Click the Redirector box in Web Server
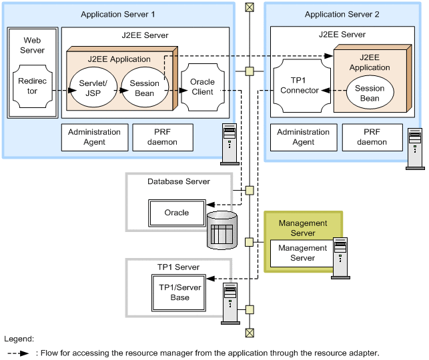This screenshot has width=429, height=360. coord(28,87)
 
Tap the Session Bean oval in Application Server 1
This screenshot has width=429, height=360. coord(144,87)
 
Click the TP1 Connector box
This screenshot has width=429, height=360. coord(300,85)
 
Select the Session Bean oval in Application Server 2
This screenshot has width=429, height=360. coord(370,93)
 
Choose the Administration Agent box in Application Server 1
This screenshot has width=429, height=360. coord(94,137)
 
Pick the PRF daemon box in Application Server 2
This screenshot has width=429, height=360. coord(372,137)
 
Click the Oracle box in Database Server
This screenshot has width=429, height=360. coord(176,213)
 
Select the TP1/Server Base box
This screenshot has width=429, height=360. coord(179,292)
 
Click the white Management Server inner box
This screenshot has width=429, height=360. coord(302,253)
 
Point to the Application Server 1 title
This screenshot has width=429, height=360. coord(117,14)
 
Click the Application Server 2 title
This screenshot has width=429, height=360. coord(342,14)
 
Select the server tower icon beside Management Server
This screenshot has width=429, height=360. coord(340,257)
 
